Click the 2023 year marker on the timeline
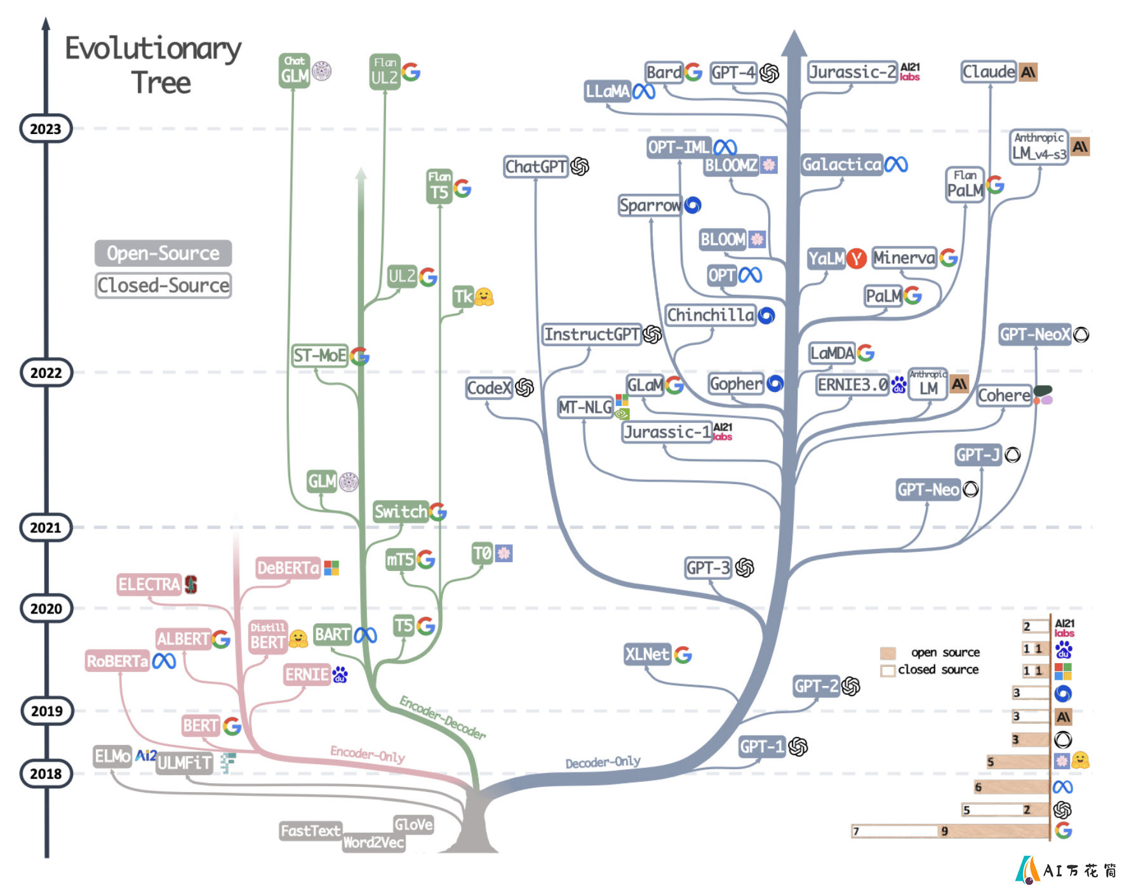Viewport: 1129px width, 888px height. (46, 128)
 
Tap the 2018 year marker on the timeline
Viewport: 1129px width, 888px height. (46, 774)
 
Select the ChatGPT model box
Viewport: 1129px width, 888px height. (536, 166)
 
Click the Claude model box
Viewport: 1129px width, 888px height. (989, 72)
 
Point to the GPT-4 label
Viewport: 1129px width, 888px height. (733, 72)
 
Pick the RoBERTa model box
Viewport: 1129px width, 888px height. (117, 661)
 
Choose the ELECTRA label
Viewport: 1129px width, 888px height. (150, 584)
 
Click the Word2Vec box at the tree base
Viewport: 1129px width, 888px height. (373, 842)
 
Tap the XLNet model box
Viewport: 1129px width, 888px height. (647, 654)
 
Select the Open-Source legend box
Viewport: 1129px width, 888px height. (163, 253)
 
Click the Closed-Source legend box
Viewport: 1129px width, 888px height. (163, 285)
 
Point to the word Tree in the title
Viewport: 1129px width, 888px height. (161, 83)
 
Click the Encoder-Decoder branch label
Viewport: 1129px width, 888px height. (443, 718)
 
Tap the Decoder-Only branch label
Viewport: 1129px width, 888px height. (603, 762)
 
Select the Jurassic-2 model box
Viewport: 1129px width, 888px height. (852, 72)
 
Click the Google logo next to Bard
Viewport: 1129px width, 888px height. (693, 72)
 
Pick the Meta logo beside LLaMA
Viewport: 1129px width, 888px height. (644, 92)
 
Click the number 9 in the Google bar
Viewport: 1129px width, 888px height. (945, 831)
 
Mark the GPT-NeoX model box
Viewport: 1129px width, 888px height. (1035, 334)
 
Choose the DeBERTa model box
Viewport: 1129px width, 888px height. (288, 568)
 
